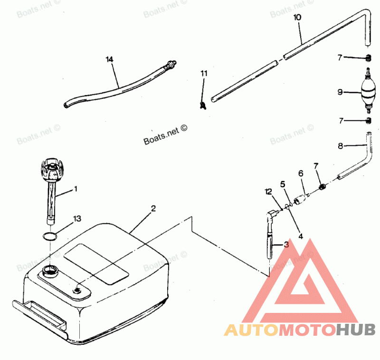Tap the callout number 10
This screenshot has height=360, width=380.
pos(297,18)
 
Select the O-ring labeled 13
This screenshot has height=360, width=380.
pos(50,236)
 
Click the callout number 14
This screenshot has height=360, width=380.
pos(110,59)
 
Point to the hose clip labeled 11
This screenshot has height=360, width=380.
pos(203,105)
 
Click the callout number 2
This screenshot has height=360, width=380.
pos(153,208)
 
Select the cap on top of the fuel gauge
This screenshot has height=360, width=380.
pos(52,170)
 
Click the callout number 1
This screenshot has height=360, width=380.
pos(76,188)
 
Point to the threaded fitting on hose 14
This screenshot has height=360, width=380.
pos(171,65)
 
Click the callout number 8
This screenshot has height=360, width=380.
pos(340,146)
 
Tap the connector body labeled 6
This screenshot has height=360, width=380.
pos(301,198)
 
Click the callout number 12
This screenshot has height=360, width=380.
pos(268,192)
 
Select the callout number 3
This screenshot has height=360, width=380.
pos(286,244)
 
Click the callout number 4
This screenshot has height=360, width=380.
pos(301,236)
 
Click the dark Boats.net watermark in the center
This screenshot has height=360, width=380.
pos(165,135)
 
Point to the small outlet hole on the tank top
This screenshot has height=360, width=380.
pos(77,290)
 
